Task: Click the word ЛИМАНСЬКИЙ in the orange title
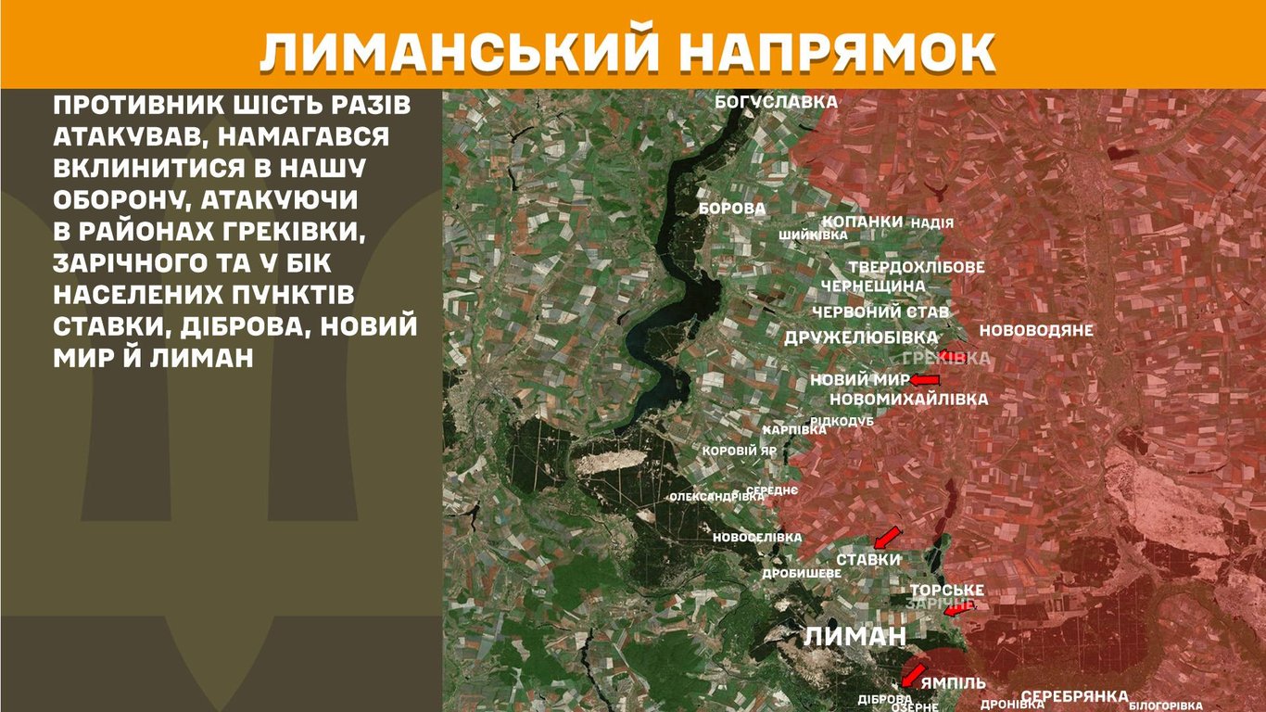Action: pyautogui.click(x=464, y=52)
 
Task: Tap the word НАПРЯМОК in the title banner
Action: pyautogui.click(x=840, y=52)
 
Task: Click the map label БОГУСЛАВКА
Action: pyautogui.click(x=776, y=102)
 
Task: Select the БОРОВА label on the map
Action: pyautogui.click(x=732, y=209)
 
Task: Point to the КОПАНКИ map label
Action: pyautogui.click(x=862, y=222)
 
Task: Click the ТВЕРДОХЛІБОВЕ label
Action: pyautogui.click(x=916, y=267)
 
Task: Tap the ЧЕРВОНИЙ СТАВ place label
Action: pyautogui.click(x=880, y=312)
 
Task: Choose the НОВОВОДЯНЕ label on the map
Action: pyautogui.click(x=1036, y=330)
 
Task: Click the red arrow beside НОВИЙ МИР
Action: pyautogui.click(x=925, y=380)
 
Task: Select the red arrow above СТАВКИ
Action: pyautogui.click(x=887, y=537)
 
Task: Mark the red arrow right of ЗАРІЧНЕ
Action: pyautogui.click(x=958, y=610)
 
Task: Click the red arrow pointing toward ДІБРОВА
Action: pyautogui.click(x=913, y=674)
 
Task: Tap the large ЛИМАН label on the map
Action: pyautogui.click(x=855, y=636)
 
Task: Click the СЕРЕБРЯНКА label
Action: pyautogui.click(x=1074, y=696)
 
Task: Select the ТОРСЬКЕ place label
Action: pyautogui.click(x=946, y=591)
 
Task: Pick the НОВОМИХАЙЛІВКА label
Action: pyautogui.click(x=908, y=399)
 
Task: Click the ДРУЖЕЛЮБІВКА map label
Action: pyautogui.click(x=861, y=337)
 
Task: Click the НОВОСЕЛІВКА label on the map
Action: pyautogui.click(x=756, y=538)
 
